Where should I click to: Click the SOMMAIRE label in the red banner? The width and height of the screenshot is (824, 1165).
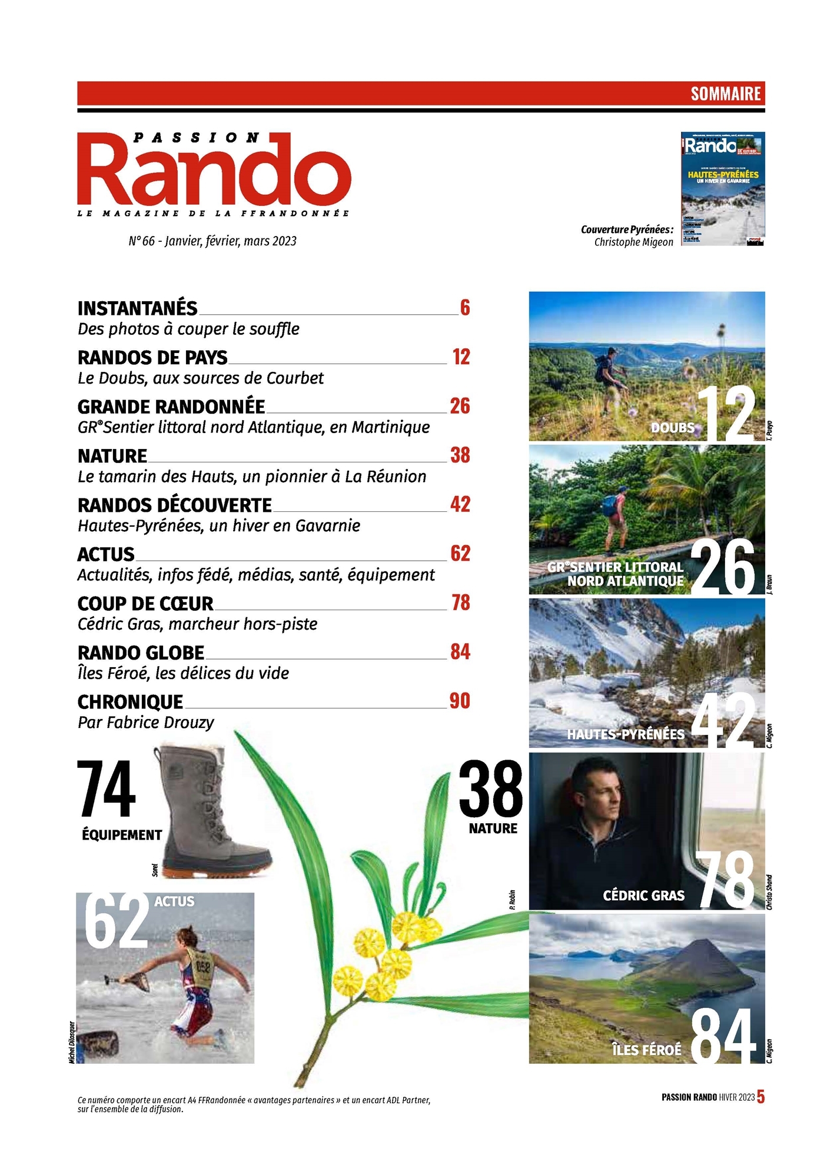725,94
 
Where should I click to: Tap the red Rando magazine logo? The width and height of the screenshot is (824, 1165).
214,171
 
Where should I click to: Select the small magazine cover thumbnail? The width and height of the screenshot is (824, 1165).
723,188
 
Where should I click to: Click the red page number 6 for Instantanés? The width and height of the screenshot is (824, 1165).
465,307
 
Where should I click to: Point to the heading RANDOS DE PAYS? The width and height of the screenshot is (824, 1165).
152,357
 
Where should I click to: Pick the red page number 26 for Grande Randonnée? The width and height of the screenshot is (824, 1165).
460,406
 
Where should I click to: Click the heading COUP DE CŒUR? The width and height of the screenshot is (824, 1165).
145,603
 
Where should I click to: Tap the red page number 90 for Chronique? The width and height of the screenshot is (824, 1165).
460,701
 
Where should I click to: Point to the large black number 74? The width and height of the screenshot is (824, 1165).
107,789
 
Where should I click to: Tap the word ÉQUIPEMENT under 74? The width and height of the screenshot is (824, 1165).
122,834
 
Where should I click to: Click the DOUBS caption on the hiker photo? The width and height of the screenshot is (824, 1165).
673,428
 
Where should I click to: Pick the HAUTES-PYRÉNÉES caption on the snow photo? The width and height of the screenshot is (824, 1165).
626,734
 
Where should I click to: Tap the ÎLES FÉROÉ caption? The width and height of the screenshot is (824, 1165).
646,1050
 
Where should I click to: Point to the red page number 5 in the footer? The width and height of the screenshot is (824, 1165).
760,1097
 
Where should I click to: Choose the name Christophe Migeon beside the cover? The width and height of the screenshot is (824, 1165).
633,242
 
